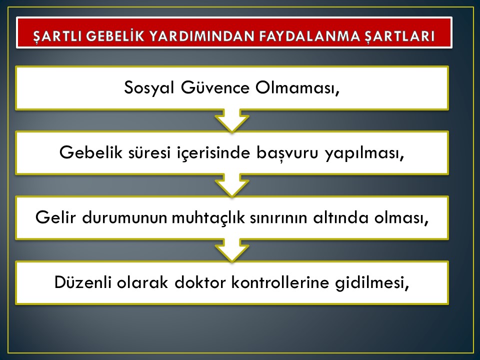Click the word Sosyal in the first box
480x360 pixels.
click(x=149, y=88)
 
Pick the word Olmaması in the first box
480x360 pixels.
click(x=297, y=88)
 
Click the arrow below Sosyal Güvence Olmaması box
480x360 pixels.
click(x=232, y=120)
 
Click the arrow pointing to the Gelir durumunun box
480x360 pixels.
click(x=232, y=185)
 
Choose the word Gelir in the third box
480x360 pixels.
click(x=55, y=217)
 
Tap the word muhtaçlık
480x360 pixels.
click(x=208, y=218)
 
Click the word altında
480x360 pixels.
click(x=340, y=217)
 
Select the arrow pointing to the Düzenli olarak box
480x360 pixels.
click(x=232, y=250)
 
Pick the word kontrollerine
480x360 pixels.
click(x=280, y=282)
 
